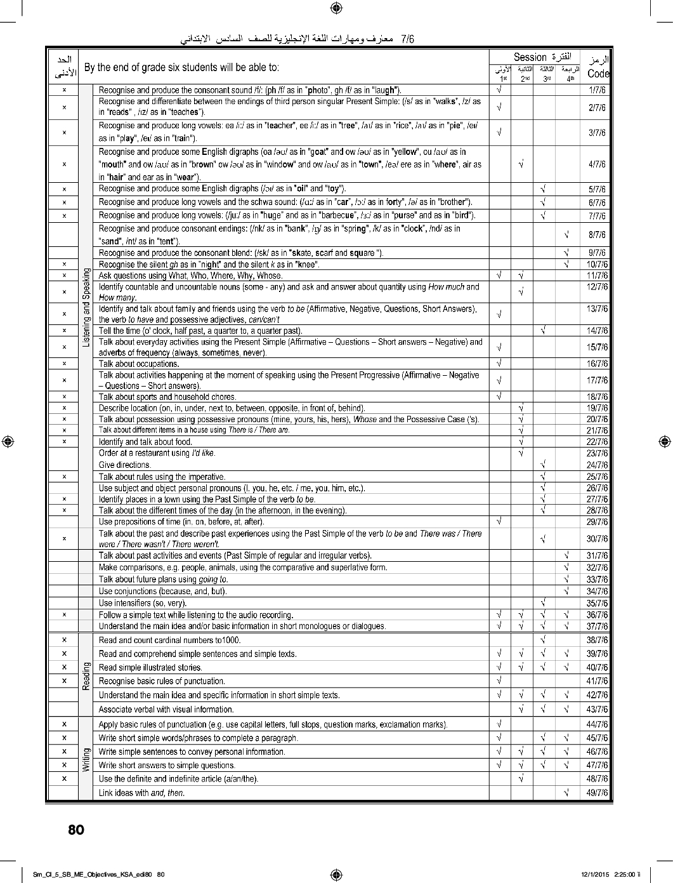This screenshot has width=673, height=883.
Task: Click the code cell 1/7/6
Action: coord(597,90)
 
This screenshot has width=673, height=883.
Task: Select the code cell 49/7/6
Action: coord(597,792)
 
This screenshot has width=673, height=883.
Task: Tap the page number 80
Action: coord(75,830)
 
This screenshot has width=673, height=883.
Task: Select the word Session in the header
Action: coord(530,57)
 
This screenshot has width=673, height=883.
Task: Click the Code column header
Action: coord(598,74)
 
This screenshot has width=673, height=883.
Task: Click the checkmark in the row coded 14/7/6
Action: coord(544,330)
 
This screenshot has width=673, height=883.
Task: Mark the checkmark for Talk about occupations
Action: coord(499,364)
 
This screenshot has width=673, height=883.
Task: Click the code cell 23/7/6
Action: coord(597,453)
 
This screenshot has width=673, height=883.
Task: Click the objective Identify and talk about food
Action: coord(145,442)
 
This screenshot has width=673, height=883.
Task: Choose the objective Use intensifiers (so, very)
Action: coord(142,603)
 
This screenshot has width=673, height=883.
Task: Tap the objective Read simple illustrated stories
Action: coord(150,667)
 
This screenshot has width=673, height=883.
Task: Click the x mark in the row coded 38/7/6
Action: coord(65,639)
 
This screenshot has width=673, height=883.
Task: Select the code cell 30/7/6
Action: coord(597,539)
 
